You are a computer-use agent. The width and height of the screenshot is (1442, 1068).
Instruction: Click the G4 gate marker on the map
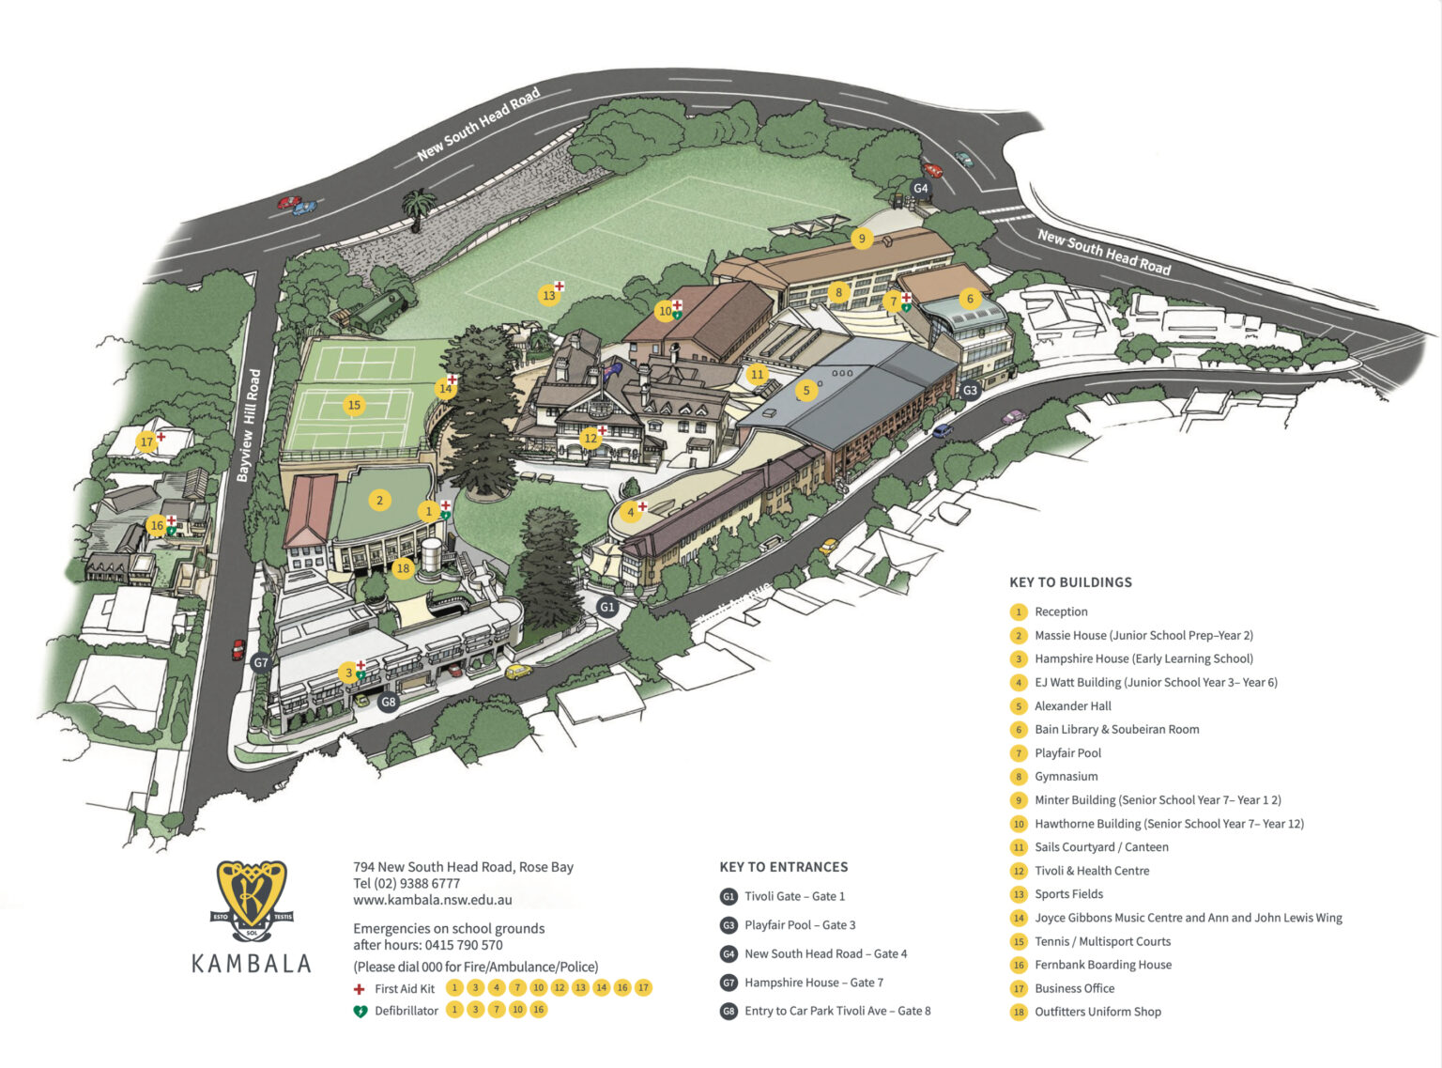(921, 188)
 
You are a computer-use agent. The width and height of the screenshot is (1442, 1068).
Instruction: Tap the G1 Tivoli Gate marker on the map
(607, 607)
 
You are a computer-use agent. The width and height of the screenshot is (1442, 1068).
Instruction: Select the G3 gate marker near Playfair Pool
(970, 390)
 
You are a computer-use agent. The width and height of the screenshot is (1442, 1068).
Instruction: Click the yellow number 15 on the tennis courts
(354, 405)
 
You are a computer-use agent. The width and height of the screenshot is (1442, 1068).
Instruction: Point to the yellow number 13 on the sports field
(549, 295)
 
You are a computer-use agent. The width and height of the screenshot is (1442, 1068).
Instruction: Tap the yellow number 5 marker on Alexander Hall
(805, 391)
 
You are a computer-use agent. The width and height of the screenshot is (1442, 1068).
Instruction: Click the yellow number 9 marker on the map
(862, 239)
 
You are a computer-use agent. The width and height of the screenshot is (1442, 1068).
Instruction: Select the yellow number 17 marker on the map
(146, 441)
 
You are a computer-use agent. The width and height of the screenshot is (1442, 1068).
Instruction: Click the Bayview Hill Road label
(248, 426)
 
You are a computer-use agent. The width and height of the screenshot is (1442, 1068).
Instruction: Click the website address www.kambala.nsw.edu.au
(433, 900)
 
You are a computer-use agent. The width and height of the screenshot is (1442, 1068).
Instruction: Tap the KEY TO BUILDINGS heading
(1070, 582)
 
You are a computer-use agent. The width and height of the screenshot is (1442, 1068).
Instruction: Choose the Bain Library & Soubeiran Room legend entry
(1116, 729)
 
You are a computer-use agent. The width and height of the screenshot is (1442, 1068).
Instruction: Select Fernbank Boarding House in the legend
(1102, 965)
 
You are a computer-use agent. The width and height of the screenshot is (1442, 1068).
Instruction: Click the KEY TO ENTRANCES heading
(783, 867)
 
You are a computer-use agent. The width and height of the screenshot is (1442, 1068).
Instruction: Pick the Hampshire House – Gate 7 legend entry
(813, 983)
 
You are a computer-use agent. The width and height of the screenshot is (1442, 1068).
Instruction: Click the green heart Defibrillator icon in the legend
(359, 1012)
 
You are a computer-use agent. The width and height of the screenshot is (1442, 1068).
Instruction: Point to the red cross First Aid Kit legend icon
(359, 989)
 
